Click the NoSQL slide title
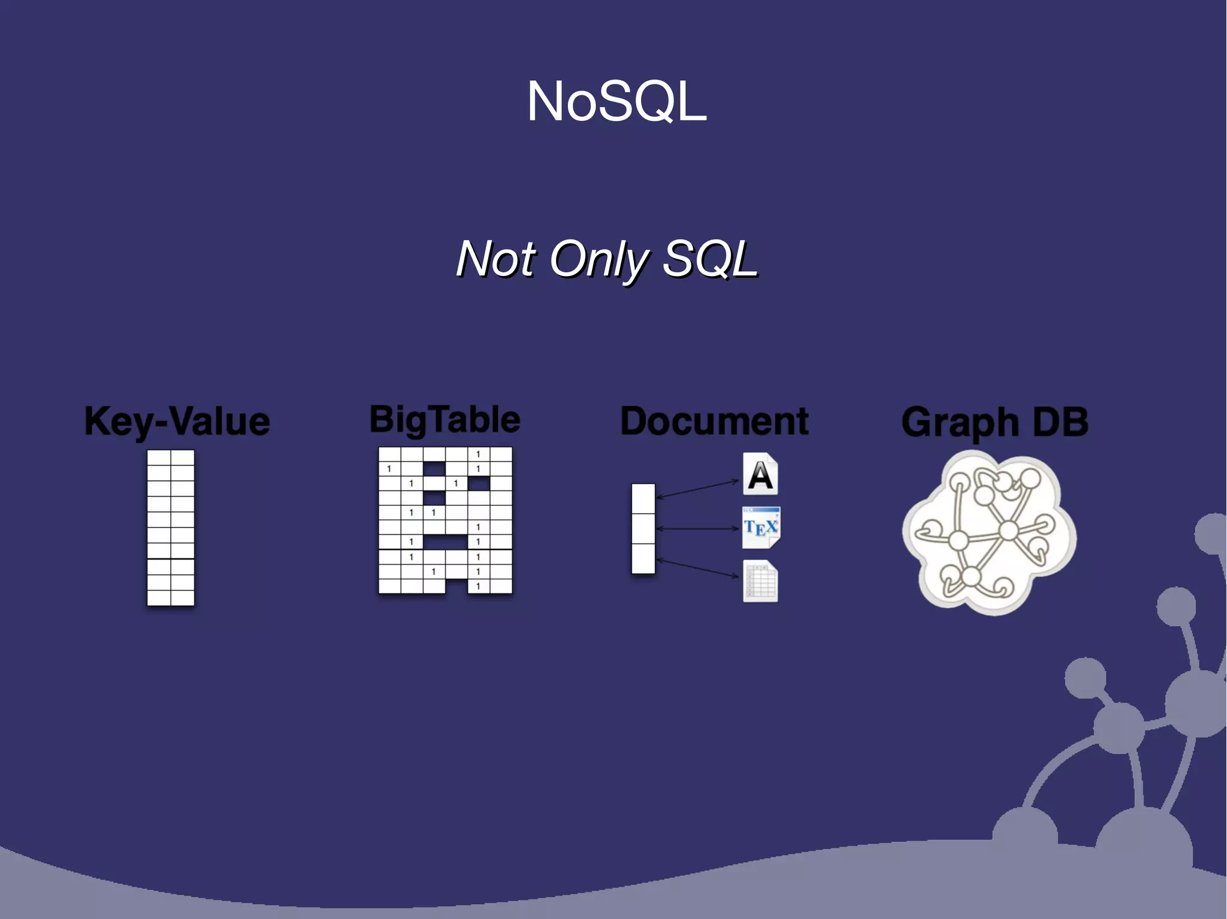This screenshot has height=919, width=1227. point(616,102)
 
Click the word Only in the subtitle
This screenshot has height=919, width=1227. point(599,259)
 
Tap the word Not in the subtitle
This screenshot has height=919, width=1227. point(495,259)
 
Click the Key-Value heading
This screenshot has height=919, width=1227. point(177,421)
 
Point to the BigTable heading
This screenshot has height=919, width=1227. point(445,419)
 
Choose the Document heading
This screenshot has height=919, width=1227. point(714,421)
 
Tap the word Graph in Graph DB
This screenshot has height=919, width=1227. point(960,423)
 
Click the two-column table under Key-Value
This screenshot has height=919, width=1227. point(171,527)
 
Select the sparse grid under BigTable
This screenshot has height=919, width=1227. point(445,520)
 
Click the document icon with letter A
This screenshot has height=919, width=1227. point(760,474)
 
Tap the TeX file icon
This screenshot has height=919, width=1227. point(761,527)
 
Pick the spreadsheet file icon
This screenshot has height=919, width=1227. point(760,581)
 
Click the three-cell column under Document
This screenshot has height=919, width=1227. point(643,529)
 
